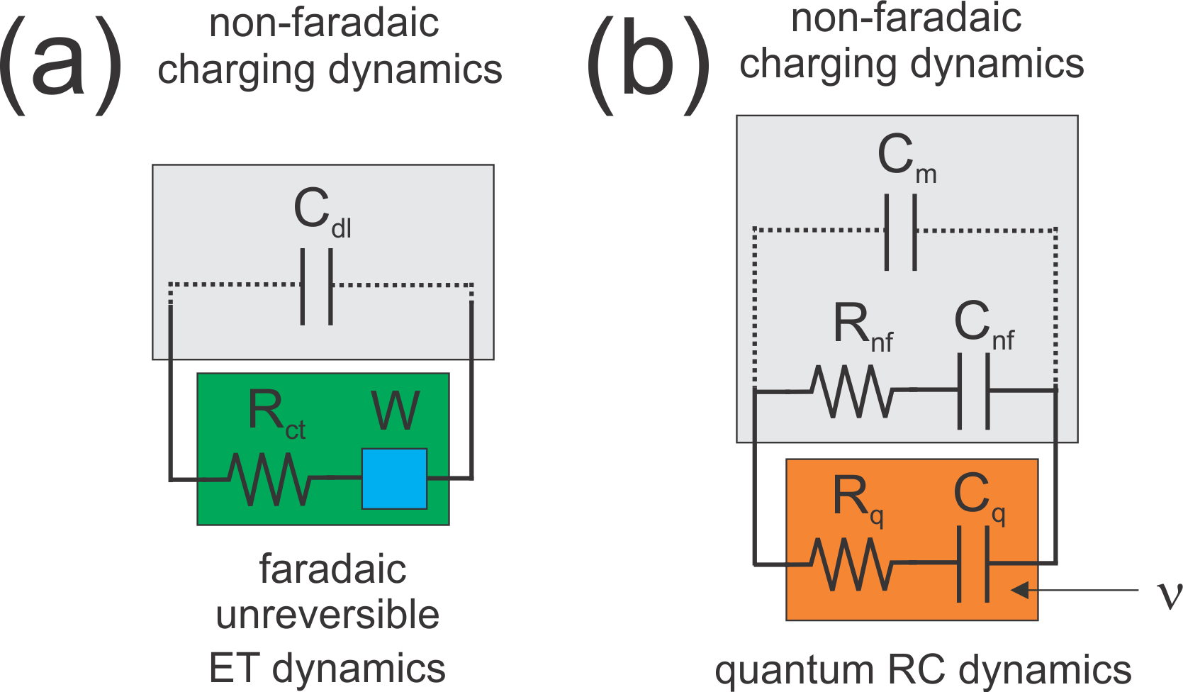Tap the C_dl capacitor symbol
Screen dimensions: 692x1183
coord(316,286)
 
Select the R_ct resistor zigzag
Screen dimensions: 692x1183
coord(269,479)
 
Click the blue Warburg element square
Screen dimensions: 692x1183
coord(394,479)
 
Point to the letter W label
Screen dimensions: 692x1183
coord(395,411)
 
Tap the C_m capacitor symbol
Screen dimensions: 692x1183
coord(901,231)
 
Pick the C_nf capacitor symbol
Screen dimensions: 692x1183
coord(974,390)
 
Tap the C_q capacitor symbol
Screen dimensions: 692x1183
coord(973,564)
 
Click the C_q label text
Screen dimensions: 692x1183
coord(978,497)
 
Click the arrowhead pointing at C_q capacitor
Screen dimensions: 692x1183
coord(1019,590)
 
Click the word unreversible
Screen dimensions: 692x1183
coord(327,615)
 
